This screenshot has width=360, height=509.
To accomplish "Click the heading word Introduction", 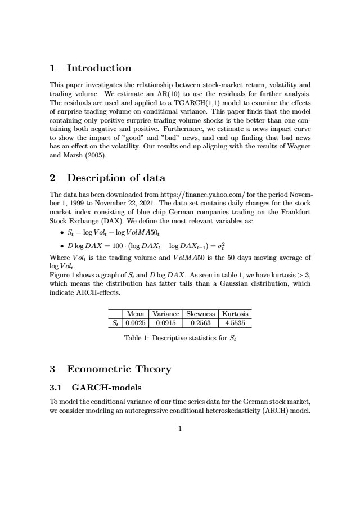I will (98, 69).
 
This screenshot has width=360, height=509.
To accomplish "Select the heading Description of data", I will (116, 178).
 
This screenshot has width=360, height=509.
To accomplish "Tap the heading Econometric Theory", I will (119, 370).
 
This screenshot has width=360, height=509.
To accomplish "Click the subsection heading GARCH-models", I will (106, 388).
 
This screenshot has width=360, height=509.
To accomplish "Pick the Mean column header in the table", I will (135, 314).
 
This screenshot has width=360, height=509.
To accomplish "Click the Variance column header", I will (166, 314).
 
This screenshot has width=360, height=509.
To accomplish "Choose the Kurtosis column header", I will (236, 314).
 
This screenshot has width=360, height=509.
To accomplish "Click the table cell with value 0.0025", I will (135, 323).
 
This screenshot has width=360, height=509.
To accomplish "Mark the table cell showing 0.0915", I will (166, 323).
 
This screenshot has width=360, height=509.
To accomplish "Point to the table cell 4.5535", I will (236, 323).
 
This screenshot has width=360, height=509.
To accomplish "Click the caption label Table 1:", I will (137, 339).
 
